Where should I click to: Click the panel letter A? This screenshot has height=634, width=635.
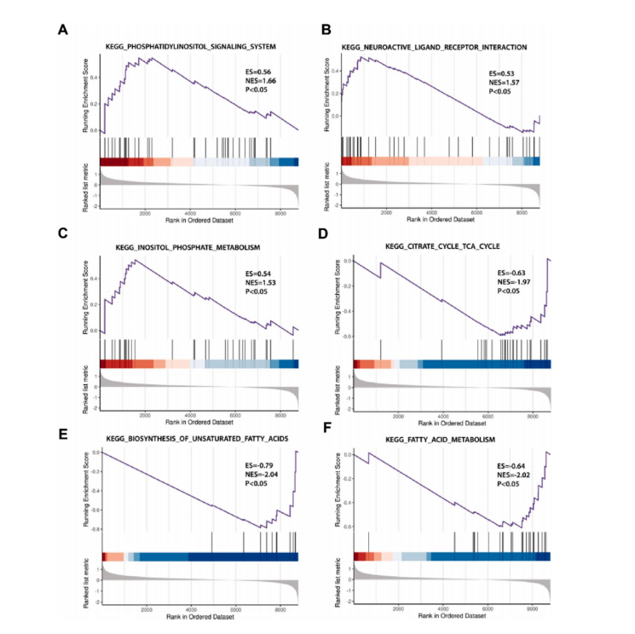click(62, 30)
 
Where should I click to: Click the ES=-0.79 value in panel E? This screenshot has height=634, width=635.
click(259, 465)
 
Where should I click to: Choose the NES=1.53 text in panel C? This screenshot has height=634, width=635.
click(259, 280)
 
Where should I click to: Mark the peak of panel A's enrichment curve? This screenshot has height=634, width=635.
click(150, 58)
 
